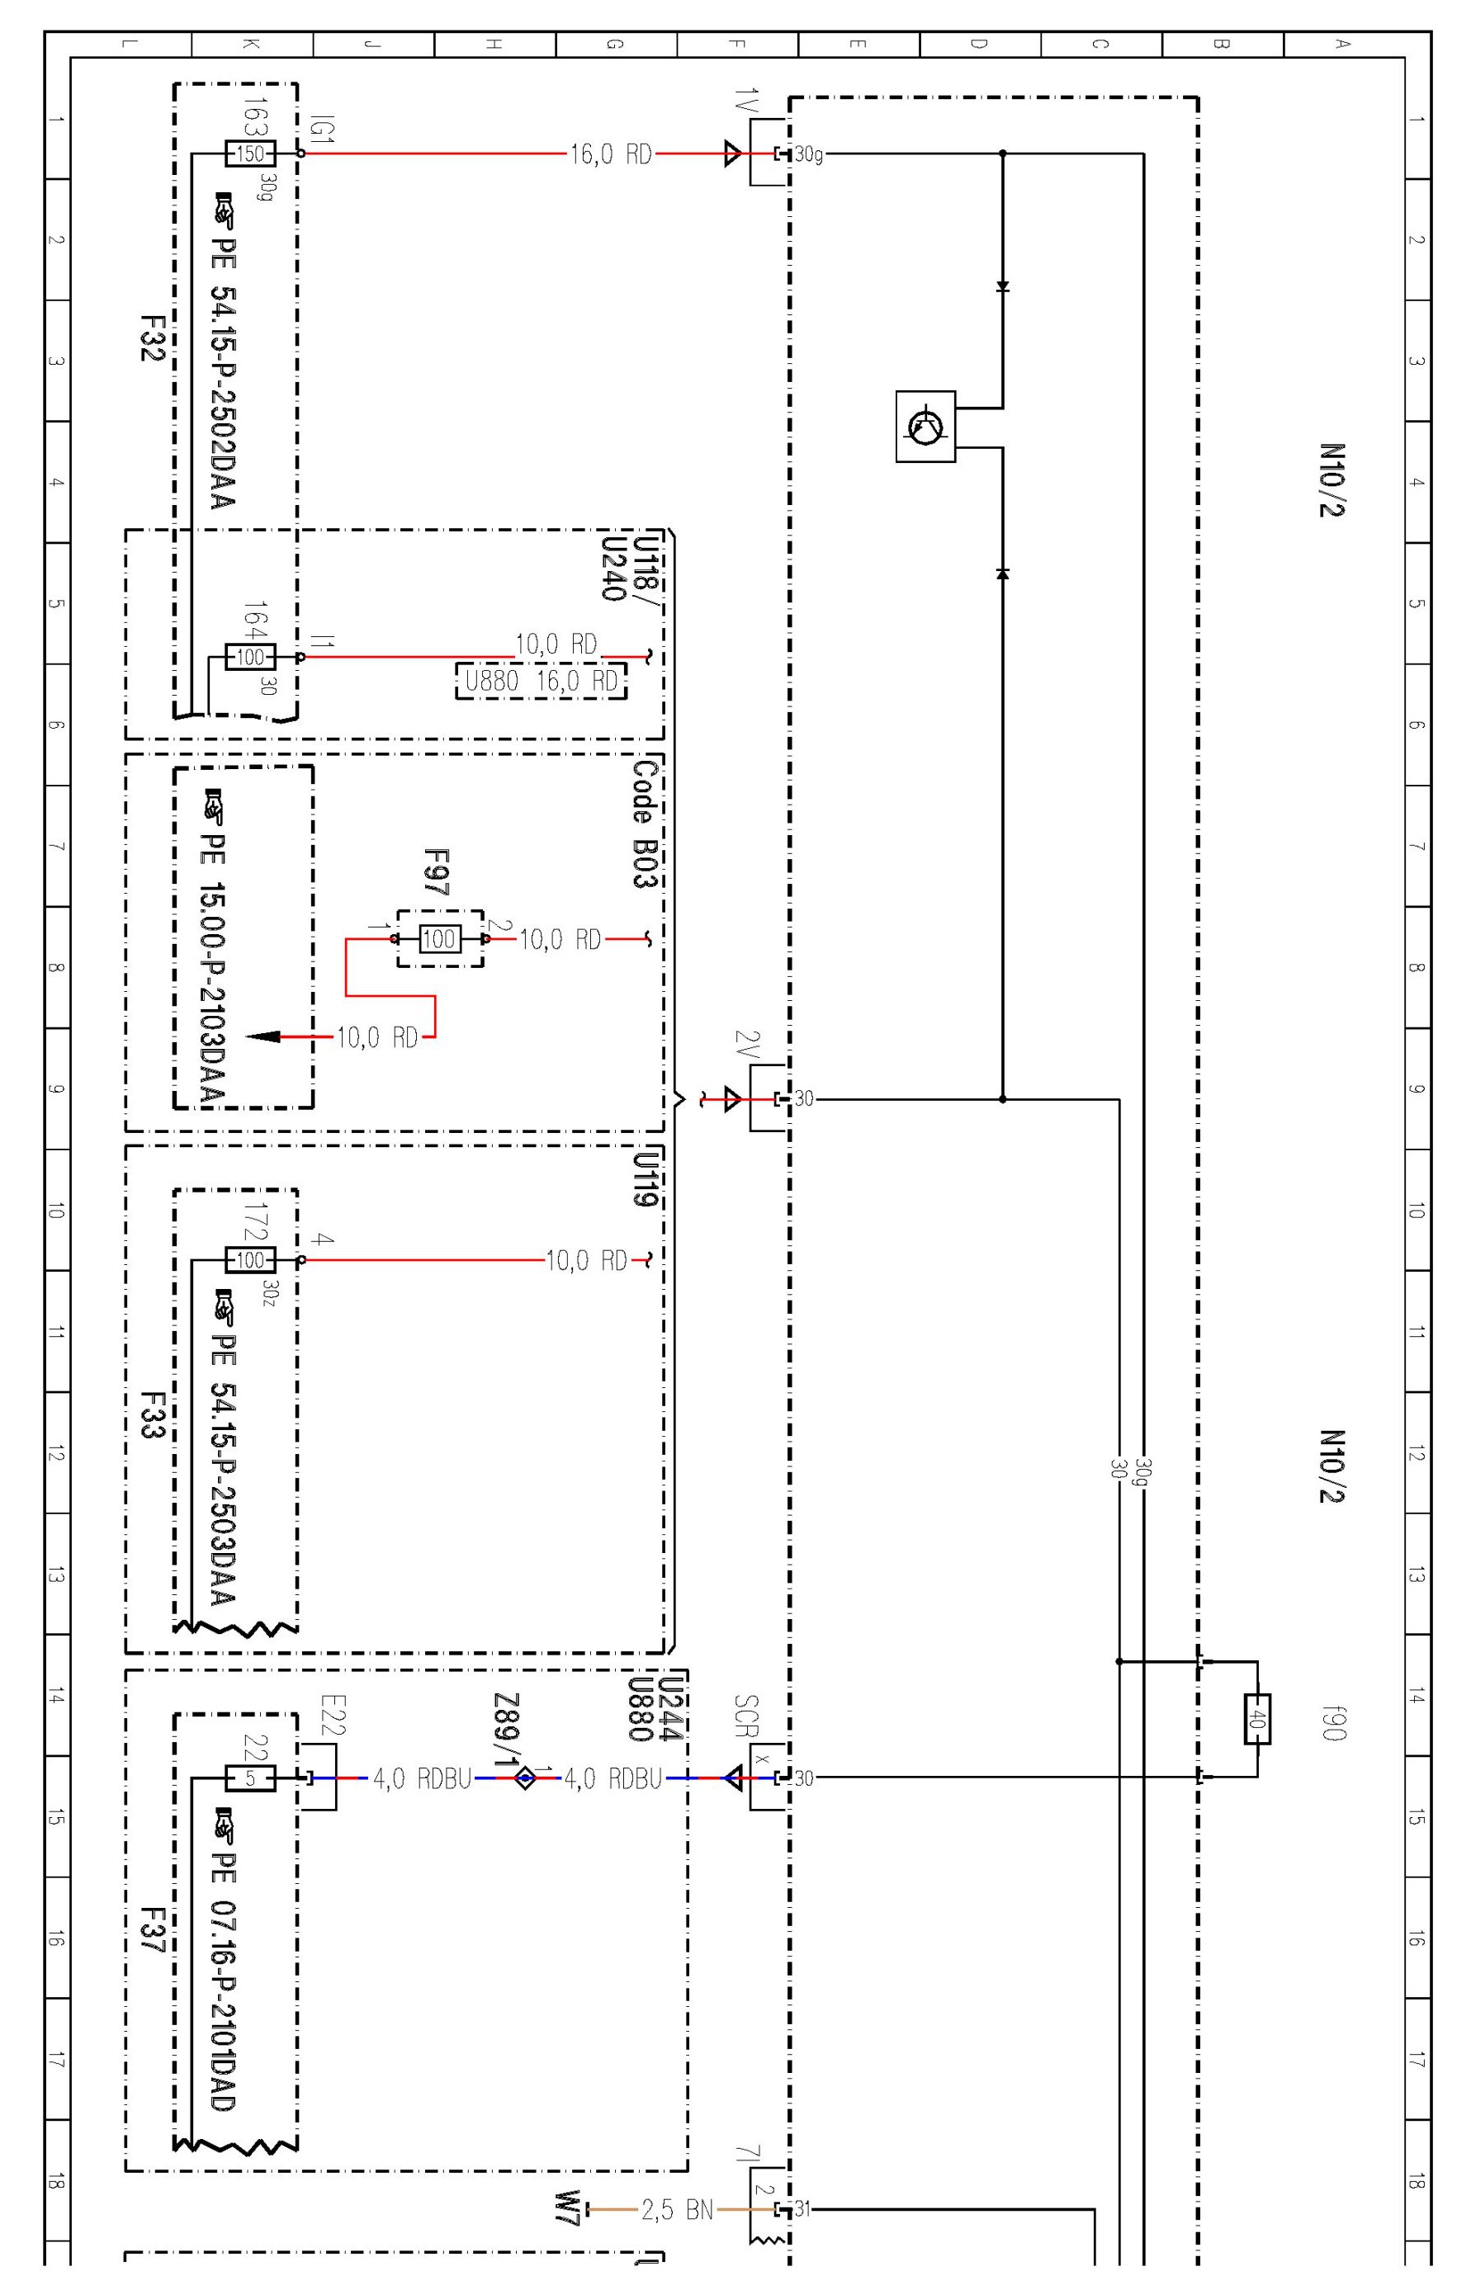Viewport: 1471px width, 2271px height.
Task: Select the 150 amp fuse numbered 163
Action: tap(249, 153)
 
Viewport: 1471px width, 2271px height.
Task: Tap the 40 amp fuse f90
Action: tap(1257, 1719)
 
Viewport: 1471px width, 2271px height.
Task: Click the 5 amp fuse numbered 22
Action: tap(250, 1778)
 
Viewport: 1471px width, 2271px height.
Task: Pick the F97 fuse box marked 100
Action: tap(439, 939)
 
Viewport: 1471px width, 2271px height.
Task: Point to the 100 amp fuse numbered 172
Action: tap(249, 1259)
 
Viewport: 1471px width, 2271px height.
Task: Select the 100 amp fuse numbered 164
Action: tap(249, 657)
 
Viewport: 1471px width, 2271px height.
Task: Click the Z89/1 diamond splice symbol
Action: tap(525, 1778)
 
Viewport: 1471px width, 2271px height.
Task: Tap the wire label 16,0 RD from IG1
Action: tap(611, 153)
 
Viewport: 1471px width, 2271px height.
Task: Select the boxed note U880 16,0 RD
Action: tap(542, 680)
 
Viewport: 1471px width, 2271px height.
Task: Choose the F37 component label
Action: tap(153, 1930)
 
